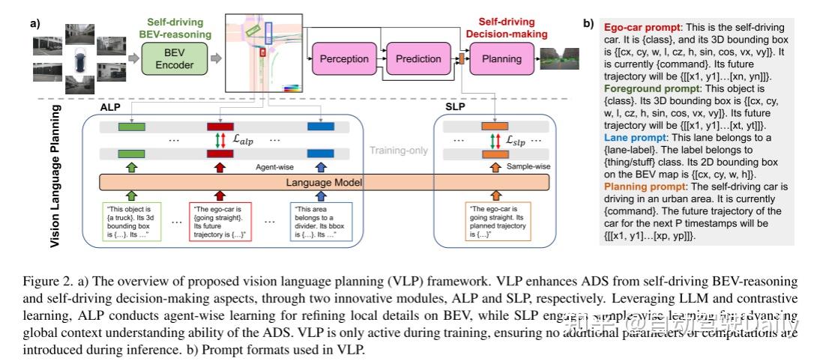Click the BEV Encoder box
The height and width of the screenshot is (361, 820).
179,58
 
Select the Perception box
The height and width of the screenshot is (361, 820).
344,58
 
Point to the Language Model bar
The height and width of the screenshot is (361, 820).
324,182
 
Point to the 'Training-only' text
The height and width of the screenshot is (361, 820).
398,151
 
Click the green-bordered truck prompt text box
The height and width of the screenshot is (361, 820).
132,221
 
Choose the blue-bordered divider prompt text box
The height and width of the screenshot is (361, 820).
322,221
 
